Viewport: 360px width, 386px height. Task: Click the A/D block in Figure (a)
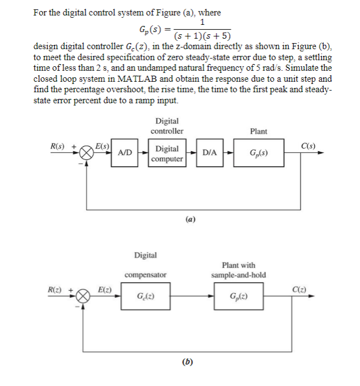click(x=126, y=152)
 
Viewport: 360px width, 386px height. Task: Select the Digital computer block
click(x=167, y=154)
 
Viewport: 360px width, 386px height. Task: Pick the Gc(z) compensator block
click(x=145, y=298)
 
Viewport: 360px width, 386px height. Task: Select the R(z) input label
click(x=56, y=290)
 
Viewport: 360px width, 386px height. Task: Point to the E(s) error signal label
click(x=102, y=146)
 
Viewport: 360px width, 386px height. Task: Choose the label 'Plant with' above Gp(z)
click(x=239, y=265)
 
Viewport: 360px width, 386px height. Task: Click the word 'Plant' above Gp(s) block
click(x=258, y=131)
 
